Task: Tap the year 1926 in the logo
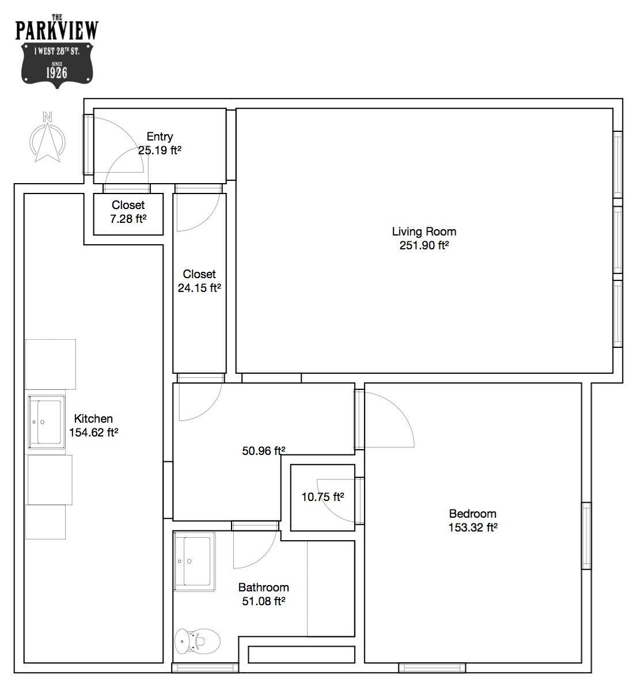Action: pos(57,73)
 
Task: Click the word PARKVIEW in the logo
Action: pos(57,31)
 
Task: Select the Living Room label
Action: pos(424,231)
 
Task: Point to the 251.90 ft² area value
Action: pos(424,245)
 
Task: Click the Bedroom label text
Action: pos(473,514)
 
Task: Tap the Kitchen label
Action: pos(93,419)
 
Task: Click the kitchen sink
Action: pos(47,422)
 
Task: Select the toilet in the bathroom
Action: pos(197,642)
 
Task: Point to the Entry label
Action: pos(160,136)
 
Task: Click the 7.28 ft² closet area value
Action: pos(128,219)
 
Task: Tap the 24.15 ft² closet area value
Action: pos(199,288)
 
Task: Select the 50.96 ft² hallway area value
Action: pos(264,450)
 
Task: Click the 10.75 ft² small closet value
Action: pos(323,497)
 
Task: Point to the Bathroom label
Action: pos(264,587)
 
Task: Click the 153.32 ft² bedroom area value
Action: pos(473,527)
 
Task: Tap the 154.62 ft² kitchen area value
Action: pos(93,432)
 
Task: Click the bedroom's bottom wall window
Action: pos(432,668)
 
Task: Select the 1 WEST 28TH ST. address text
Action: pos(57,51)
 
